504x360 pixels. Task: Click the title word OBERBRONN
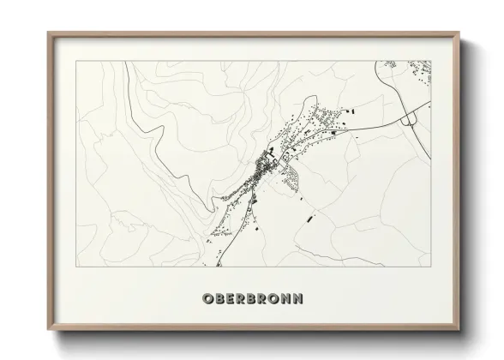pyautogui.click(x=252, y=298)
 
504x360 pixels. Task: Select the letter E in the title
pyautogui.click(x=230, y=298)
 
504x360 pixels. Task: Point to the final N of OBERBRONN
pyautogui.click(x=297, y=298)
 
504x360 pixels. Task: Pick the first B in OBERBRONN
pyautogui.click(x=219, y=298)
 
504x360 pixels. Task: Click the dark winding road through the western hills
pyautogui.click(x=159, y=137)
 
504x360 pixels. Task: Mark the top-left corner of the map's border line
pyautogui.click(x=76, y=61)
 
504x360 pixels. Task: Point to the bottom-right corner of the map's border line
pyautogui.click(x=431, y=243)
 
